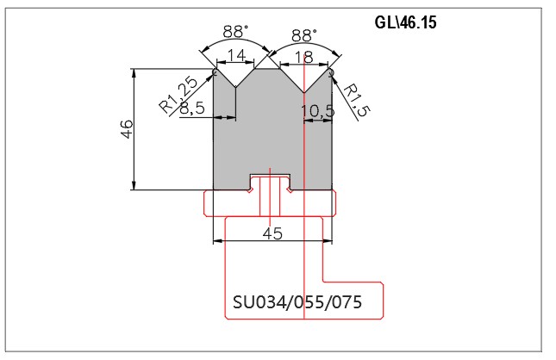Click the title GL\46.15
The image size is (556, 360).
point(405,22)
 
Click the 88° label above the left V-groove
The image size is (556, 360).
point(235,32)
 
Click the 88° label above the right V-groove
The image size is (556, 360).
point(304,36)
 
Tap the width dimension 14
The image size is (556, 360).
point(236,56)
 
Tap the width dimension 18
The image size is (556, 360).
point(304,57)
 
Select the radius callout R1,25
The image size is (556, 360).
point(178,94)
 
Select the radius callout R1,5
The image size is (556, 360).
point(356,100)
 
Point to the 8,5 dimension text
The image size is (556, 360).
point(192,108)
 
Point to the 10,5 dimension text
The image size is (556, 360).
point(318,111)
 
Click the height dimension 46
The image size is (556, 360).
point(127,129)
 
